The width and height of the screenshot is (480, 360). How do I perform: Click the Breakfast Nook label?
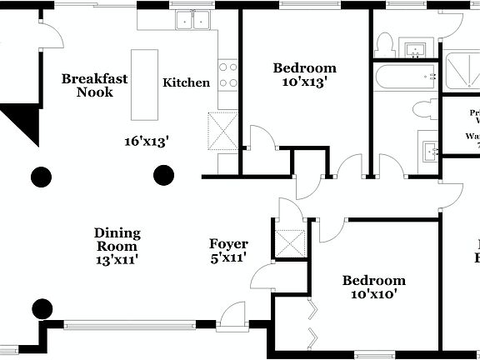click(x=94, y=85)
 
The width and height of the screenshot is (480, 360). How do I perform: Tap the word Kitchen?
click(x=186, y=82)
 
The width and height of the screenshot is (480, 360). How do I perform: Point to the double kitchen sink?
click(x=195, y=20)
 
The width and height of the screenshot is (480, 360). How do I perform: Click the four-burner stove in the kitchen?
click(x=227, y=75)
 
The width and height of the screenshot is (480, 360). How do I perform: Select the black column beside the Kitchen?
click(x=163, y=175)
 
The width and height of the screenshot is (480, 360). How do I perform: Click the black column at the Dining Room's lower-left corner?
click(x=41, y=309)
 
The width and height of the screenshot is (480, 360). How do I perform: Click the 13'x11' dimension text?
click(x=117, y=260)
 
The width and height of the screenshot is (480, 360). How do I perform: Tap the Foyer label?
click(x=228, y=244)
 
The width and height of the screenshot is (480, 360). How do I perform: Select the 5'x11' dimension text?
click(x=228, y=258)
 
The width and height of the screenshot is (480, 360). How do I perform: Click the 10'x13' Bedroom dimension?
click(x=305, y=82)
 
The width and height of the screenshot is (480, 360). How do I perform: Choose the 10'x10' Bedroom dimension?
click(x=374, y=294)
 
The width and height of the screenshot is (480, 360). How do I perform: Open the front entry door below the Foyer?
click(x=232, y=317)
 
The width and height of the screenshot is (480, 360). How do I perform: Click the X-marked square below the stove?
click(x=223, y=129)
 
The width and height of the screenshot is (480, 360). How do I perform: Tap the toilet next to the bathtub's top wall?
click(x=385, y=43)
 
